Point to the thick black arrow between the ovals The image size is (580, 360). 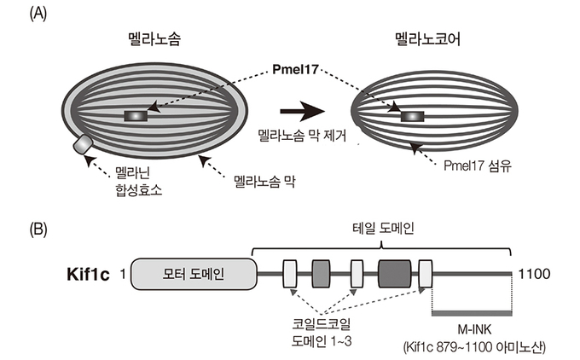pos(299,111)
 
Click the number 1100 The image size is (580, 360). pos(533,275)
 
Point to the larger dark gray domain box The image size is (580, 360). pos(394,275)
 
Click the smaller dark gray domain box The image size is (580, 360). pos(322,275)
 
